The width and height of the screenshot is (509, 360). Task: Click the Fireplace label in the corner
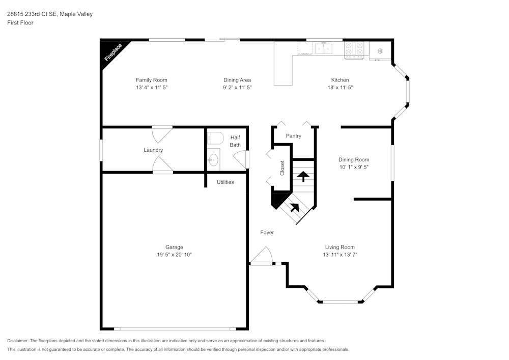coord(113,52)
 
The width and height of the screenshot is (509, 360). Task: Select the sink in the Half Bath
coord(213,160)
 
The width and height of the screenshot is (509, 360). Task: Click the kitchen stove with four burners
coord(355,49)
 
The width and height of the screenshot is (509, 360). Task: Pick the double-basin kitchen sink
coord(323,48)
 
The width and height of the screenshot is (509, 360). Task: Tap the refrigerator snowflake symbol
coord(380,50)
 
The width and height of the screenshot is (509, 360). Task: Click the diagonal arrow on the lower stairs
coord(294,207)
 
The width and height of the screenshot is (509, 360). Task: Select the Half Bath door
coord(242,159)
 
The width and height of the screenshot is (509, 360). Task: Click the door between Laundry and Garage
coord(162,165)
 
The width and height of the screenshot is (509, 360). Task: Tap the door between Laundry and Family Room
coord(162,133)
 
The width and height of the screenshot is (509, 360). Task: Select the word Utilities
coord(225,182)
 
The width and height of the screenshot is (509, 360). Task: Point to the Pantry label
coord(293,136)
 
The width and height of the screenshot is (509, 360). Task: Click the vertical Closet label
coord(282,169)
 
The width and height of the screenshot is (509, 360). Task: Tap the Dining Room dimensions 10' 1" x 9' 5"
coord(354,167)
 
